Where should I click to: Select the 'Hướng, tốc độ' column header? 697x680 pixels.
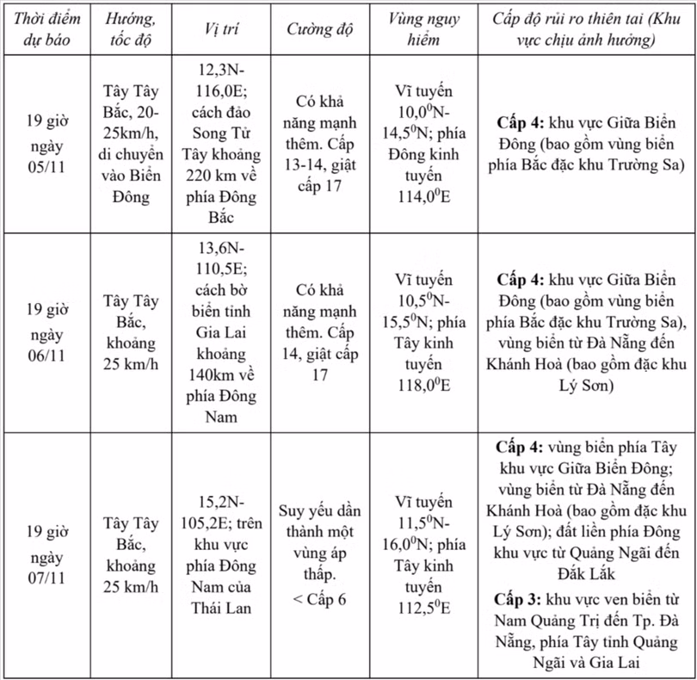tap(131, 28)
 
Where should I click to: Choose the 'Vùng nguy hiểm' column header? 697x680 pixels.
tap(423, 28)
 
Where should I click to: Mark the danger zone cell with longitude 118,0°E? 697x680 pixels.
tap(423, 332)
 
